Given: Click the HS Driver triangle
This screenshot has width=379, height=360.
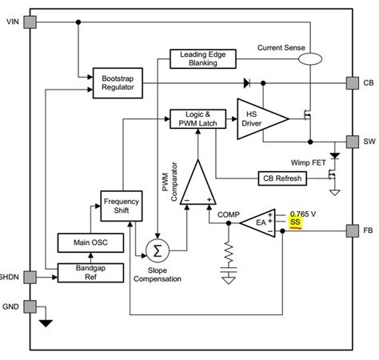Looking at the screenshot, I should coord(257,118).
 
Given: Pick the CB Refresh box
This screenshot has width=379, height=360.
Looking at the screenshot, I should coord(281,178).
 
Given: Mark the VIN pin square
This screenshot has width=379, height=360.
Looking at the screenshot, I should coord(30,22).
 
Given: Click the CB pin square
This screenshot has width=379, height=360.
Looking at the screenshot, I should coord(352,82).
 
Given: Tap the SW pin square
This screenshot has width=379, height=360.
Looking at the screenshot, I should coord(352,141).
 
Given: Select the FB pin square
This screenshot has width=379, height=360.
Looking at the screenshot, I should coord(352,231).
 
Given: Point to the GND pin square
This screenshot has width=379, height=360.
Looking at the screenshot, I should coord(30,306).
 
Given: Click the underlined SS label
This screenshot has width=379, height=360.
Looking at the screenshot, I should coord(297,222).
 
